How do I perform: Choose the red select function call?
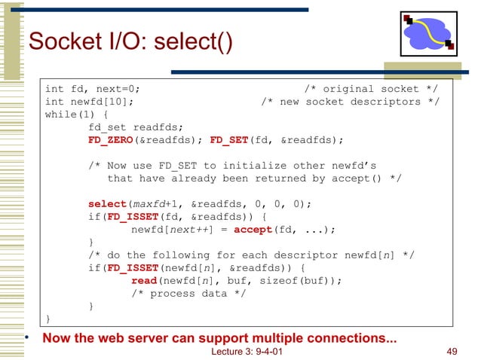(106, 204)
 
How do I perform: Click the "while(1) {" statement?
(76, 114)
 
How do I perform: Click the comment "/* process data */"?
(188, 294)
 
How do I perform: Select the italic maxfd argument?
(149, 204)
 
